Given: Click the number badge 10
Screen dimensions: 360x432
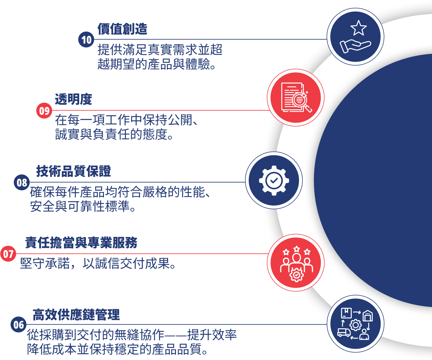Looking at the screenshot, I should coord(86,40).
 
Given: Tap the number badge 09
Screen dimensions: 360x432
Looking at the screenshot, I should coord(44,111).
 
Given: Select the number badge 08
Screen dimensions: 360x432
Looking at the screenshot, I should coord(22,182).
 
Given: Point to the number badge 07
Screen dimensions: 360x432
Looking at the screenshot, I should coord(8,254).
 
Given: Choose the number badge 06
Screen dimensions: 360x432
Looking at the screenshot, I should coord(18,325).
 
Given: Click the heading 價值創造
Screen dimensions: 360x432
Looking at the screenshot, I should coord(122,29).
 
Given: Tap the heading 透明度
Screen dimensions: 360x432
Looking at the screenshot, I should coord(74,99).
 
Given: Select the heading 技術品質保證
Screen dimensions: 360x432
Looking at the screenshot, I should coord(74,171).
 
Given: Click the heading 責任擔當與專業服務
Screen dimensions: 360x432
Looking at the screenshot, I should coord(81,243).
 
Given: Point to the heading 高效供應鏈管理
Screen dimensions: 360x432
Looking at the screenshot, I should coord(76,315).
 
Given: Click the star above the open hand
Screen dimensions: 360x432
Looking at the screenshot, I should coord(358,28).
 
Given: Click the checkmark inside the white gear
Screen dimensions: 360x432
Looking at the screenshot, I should coord(274,180).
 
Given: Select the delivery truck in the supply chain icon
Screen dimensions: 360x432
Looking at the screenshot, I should coord(344,332).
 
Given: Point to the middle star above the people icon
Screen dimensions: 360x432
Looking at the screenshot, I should coord(296,249).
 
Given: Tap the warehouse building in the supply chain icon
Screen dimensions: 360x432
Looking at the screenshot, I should coord(368,316).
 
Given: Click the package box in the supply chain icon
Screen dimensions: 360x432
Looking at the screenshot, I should coord(346,313).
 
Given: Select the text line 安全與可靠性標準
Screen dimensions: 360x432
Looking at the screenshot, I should coord(83,206).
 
